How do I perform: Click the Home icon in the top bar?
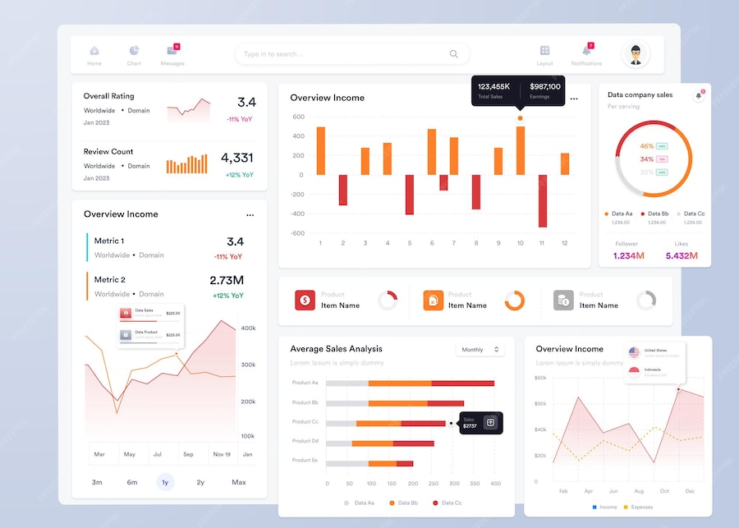(94, 51)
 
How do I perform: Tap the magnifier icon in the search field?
(453, 54)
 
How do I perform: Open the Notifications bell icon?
(586, 51)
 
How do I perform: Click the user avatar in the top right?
(635, 55)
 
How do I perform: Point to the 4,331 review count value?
(236, 158)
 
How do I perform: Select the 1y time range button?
(165, 482)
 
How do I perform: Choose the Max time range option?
(239, 482)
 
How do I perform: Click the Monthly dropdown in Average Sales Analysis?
(480, 350)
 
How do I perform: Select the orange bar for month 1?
(321, 150)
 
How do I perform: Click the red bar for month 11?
(543, 200)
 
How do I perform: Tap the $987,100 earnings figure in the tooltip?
(545, 86)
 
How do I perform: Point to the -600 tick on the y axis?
(297, 233)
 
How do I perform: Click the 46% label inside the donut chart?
(647, 146)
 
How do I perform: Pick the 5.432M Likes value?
(682, 256)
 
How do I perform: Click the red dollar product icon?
(305, 301)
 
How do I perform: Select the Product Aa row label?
(305, 383)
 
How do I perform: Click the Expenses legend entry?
(638, 507)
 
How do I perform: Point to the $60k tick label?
(540, 378)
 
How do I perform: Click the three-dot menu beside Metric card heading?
(250, 214)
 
